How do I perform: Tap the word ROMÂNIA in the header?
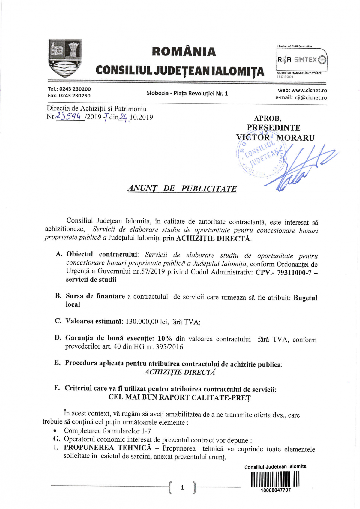tap(184, 52)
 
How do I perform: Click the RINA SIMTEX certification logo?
tap(301, 60)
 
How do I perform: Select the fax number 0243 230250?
tap(75, 96)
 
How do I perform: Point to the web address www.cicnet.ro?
tap(309, 90)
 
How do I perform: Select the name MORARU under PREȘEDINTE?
tap(295, 138)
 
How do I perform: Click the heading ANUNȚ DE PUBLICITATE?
tap(182, 189)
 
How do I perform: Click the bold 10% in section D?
tap(165, 339)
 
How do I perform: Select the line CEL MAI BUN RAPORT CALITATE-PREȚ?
tap(179, 397)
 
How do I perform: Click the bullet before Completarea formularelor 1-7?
tap(55, 431)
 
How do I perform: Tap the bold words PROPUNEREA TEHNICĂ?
tap(108, 448)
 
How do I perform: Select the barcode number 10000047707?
tap(276, 490)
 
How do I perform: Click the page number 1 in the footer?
tap(182, 487)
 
